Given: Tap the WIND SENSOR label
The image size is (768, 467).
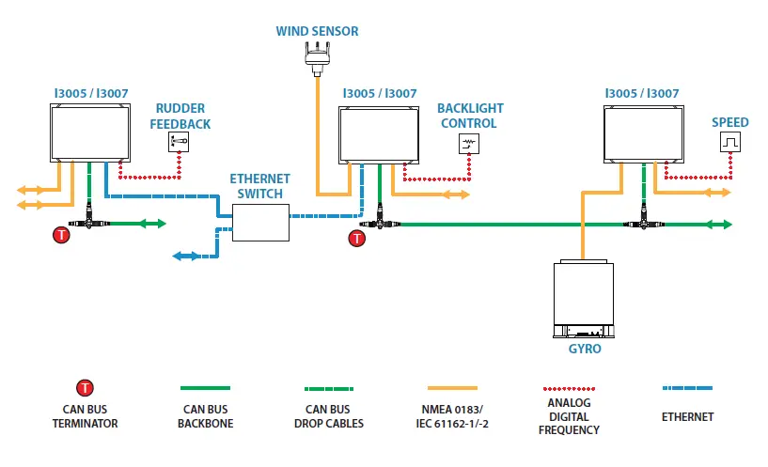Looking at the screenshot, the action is pos(317,31).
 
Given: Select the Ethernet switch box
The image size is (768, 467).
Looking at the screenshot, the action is pos(260,223).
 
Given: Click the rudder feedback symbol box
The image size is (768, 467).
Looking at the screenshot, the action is pos(179,142).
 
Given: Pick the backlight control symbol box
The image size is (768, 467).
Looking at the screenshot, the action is pos(469,144).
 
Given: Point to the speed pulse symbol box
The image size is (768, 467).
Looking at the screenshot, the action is pos(730,142).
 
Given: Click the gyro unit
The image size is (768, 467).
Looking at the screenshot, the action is pos(584,299).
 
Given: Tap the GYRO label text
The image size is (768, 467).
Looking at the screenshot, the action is pos(585,349).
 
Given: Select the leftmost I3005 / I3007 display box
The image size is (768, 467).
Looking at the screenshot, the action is pos(90,132).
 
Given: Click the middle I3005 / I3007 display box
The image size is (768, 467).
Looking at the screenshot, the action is pos(379,135).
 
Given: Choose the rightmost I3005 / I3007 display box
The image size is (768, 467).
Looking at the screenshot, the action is pos(644,134).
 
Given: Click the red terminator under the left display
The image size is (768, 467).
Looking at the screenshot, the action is pos(61,235).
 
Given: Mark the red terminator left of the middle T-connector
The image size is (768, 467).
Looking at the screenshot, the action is pos(356,239).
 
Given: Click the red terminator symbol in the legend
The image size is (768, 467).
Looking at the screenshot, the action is pos(85,388).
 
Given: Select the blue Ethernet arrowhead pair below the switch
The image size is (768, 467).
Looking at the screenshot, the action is pos(186,256).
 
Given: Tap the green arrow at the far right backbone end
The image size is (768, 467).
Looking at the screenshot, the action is pos(719,225).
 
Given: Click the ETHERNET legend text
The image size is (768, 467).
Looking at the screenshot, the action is pos(687,417).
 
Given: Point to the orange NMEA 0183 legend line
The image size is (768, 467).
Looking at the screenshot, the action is pos(452,388).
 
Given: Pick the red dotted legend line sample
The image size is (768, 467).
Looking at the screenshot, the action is pos(569,389).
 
